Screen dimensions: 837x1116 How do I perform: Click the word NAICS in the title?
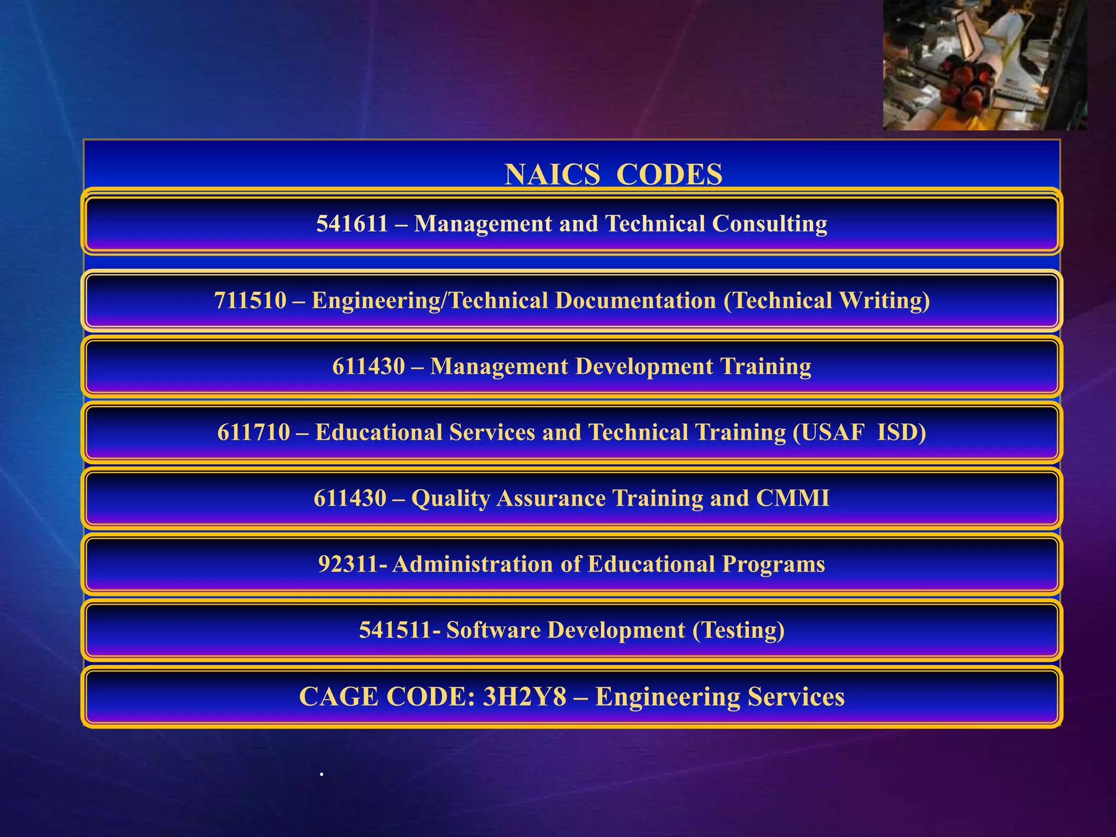point(552,175)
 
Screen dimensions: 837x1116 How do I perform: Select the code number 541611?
point(352,224)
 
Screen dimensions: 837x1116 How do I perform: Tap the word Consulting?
point(769,224)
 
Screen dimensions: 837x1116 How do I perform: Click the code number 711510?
point(250,301)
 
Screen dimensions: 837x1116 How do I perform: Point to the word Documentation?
point(635,301)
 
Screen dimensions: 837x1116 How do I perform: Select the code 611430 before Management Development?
point(368,367)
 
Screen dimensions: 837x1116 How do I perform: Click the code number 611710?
point(253,433)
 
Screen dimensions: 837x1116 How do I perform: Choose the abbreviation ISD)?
point(902,433)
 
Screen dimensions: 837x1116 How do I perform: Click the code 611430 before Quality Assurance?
point(350,499)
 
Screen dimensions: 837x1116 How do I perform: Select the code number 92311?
point(348,565)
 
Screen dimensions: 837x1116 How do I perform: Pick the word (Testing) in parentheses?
point(738,630)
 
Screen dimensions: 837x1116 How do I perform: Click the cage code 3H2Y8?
point(524,697)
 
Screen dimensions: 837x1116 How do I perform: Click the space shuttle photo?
point(985,65)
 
